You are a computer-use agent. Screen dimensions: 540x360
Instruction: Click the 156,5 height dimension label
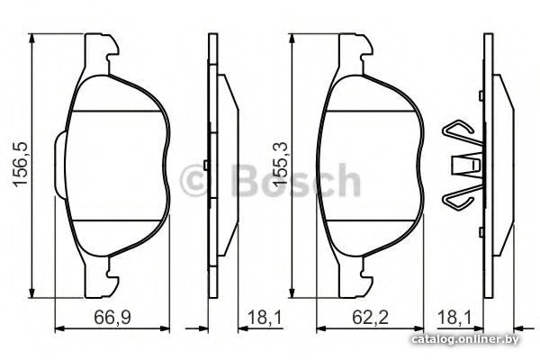(x=20, y=165)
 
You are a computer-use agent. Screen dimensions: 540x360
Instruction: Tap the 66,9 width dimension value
(x=112, y=317)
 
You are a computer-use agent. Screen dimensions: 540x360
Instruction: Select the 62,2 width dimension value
(x=370, y=317)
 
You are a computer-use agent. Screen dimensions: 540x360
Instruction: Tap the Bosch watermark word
(x=296, y=180)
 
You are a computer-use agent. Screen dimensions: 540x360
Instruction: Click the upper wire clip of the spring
(x=462, y=132)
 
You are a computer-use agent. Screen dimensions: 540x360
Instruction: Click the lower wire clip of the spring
(x=462, y=197)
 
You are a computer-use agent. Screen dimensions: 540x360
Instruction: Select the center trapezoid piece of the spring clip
(x=466, y=165)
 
